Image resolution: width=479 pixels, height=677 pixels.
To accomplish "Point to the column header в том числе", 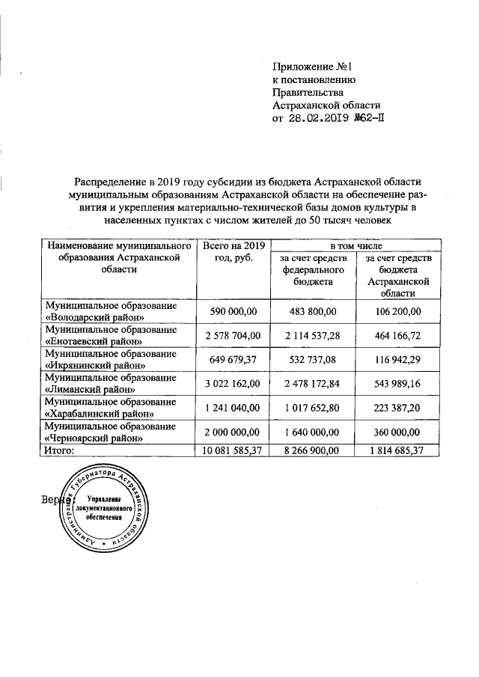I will [x=356, y=245].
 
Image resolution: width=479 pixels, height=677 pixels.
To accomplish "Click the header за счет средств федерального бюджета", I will [x=313, y=271].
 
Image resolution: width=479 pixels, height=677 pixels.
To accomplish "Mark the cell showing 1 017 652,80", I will [x=312, y=408].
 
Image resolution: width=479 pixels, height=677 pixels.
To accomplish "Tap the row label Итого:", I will [x=60, y=450].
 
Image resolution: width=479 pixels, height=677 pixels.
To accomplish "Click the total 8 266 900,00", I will [x=312, y=450].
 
